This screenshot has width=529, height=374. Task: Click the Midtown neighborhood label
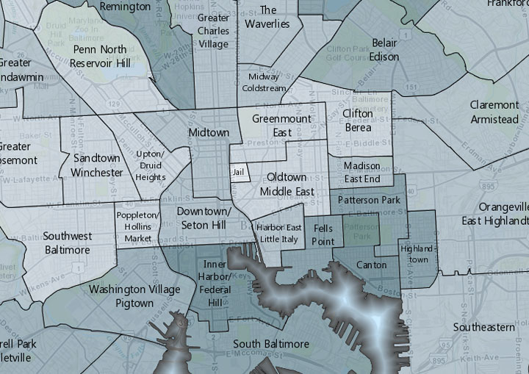coord(209,133)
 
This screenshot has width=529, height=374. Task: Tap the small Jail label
coord(238,173)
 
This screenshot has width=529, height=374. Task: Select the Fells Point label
coord(323,235)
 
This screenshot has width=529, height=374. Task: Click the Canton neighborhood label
coord(371,265)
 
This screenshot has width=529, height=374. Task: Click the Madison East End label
coord(361,172)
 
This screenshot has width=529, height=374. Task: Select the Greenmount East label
coord(282,126)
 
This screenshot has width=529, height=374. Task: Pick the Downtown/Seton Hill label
coord(204,217)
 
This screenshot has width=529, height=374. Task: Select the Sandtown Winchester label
coord(97,165)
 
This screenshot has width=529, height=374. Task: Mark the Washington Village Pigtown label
coord(134,296)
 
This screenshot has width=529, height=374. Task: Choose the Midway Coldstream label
coord(267,82)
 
